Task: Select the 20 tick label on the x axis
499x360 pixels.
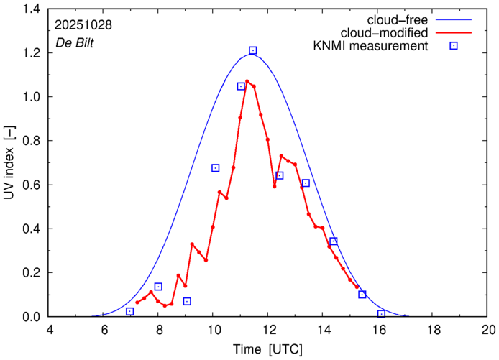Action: coord(489,330)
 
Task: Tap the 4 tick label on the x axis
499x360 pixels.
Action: coord(49,330)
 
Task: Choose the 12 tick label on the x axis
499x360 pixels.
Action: coord(269,330)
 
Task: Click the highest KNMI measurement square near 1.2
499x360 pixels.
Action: coord(253,50)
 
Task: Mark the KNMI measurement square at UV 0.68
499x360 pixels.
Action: coord(215,167)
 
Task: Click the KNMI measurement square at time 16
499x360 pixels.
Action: coord(381,314)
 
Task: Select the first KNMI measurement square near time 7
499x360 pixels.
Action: coord(129,311)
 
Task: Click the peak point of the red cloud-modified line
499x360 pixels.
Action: coord(247,81)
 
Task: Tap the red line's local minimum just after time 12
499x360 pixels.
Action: coord(274,186)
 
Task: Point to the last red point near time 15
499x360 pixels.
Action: coord(357,287)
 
